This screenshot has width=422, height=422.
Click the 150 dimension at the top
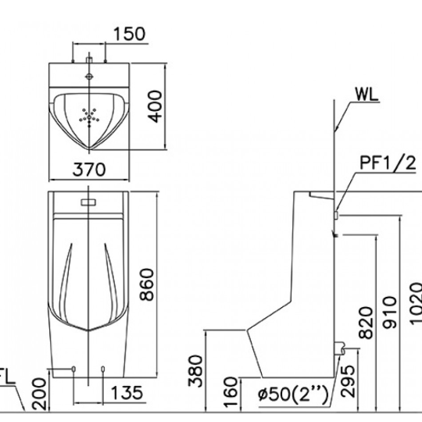[x=129, y=34]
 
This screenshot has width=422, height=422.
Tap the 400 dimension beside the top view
[x=156, y=106]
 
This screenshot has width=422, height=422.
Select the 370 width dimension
[x=89, y=170]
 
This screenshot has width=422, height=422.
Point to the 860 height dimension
[x=147, y=284]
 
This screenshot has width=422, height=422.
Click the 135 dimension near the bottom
[x=127, y=392]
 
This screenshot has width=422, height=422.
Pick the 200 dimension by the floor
[x=39, y=394]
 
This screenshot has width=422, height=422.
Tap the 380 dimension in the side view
[x=195, y=371]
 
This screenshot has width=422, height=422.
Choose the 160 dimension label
[x=231, y=391]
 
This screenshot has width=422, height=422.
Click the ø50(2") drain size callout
[x=293, y=395]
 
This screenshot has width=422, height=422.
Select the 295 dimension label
[x=348, y=381]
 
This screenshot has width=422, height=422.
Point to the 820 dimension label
[x=367, y=323]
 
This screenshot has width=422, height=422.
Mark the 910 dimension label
[x=389, y=313]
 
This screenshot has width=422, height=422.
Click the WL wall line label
[x=367, y=95]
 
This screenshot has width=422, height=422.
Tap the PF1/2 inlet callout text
[x=388, y=163]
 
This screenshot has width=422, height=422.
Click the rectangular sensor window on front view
[x=88, y=202]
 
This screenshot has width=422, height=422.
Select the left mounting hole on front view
[x=73, y=369]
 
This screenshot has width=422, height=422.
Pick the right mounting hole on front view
[x=102, y=369]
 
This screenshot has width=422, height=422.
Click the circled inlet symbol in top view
[x=89, y=77]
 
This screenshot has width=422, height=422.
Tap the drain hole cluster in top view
[x=89, y=116]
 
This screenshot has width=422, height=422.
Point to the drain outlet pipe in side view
[x=339, y=348]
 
